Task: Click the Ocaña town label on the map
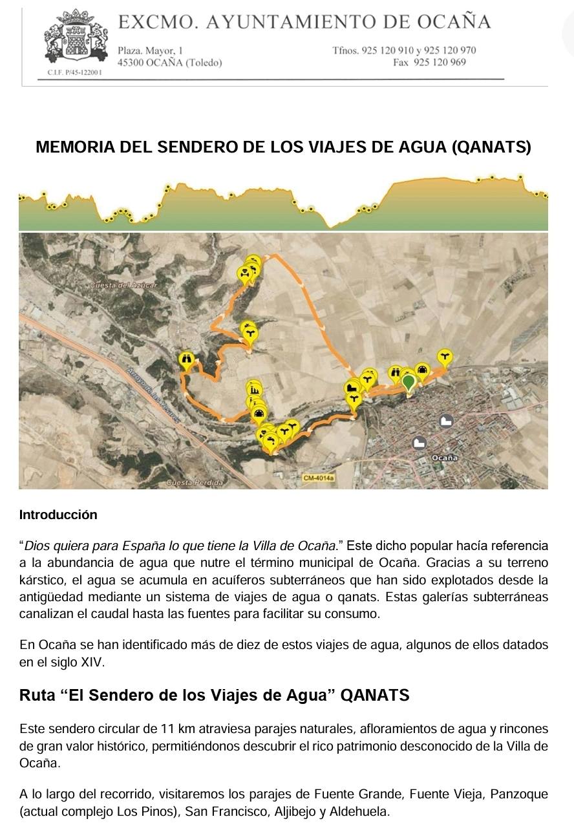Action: (x=445, y=458)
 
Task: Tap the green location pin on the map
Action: (x=409, y=382)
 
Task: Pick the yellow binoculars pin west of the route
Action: (x=186, y=359)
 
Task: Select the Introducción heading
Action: (x=58, y=515)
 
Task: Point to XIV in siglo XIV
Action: (x=89, y=663)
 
